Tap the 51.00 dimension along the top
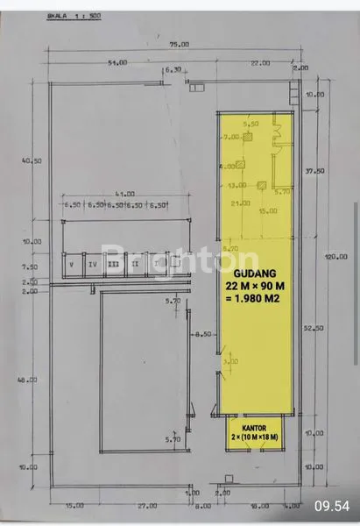coord(116,62)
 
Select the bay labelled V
coord(70,260)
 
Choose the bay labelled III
coord(113,260)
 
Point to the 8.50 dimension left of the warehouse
coord(204,334)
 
